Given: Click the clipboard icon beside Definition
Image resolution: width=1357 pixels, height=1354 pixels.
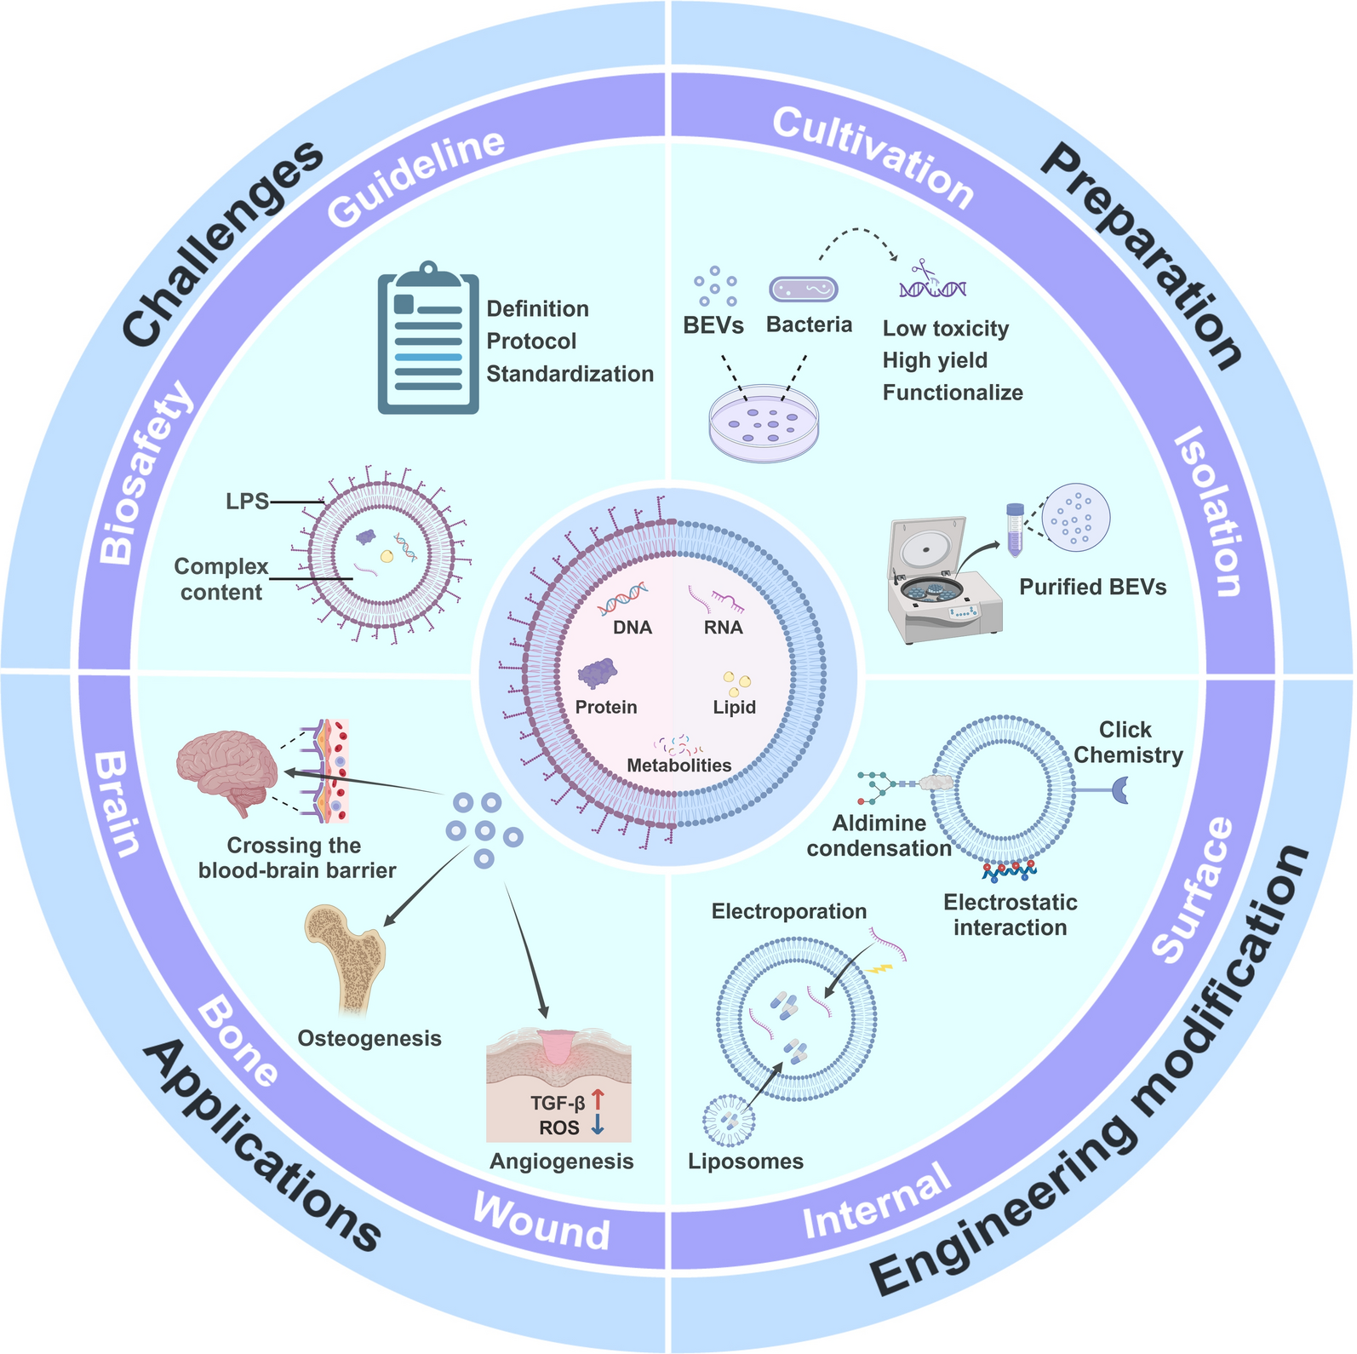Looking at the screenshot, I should tap(428, 340).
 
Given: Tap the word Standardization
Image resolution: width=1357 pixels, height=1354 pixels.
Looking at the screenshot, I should tap(570, 374).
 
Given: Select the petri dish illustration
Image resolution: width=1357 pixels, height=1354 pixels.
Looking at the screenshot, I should tap(764, 422).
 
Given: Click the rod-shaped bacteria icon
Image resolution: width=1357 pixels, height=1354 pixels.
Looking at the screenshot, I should tap(804, 290).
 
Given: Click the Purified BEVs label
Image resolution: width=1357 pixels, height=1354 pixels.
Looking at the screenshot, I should tap(1092, 587).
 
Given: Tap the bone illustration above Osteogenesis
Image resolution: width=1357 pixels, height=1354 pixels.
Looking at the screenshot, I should tap(346, 958).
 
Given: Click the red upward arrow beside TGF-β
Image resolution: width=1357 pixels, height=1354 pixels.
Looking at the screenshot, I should tap(598, 1100).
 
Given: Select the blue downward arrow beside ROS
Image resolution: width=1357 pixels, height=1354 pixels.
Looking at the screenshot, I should tap(598, 1125).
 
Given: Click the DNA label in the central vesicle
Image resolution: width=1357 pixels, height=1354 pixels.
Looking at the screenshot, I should tap(633, 628).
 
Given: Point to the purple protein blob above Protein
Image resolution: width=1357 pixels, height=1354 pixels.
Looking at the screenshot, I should tap(598, 674).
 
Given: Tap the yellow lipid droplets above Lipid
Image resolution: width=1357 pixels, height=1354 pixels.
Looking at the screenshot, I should tap(736, 682).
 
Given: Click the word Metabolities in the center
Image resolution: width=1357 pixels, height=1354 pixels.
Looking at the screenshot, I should tap(678, 766).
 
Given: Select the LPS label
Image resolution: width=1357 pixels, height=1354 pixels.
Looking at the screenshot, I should tap(247, 502).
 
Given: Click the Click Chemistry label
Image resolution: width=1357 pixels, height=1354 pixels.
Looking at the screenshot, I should tap(1127, 743).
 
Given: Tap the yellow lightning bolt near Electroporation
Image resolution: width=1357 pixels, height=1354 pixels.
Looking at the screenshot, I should tap(879, 969).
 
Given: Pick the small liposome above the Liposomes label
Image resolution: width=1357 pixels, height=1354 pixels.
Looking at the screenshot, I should tap(729, 1121).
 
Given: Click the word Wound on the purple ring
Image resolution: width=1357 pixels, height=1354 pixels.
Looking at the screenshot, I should tap(541, 1231).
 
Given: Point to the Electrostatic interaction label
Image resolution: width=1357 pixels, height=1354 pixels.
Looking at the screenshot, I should tap(1010, 915).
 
